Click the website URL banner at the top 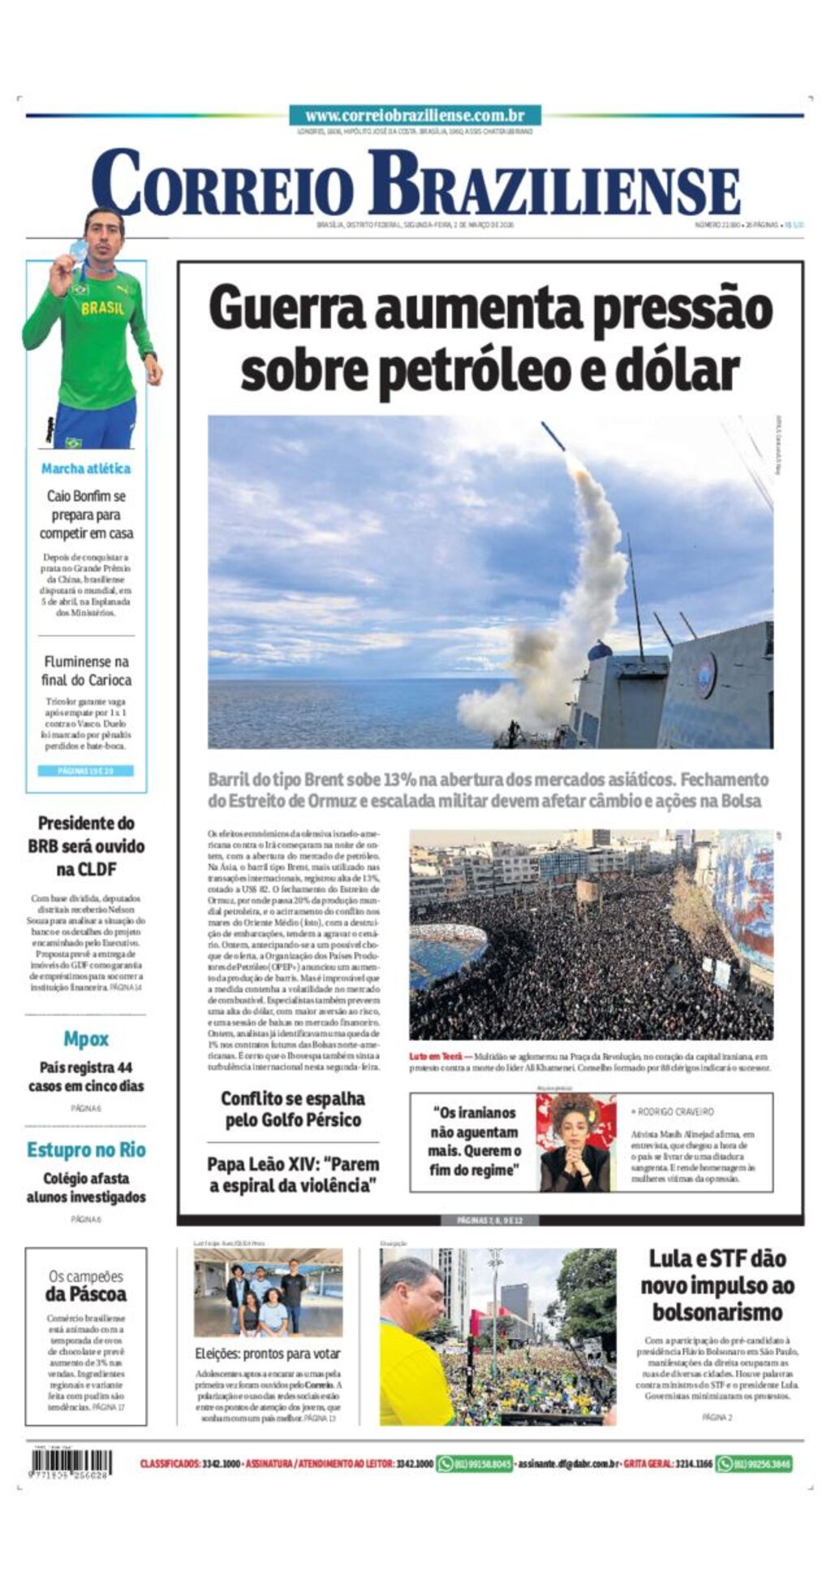[415, 115]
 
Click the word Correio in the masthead [223, 185]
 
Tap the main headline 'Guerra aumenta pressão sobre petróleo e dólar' [490, 339]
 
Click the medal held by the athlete [78, 249]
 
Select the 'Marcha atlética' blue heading [86, 468]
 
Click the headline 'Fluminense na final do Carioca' [86, 670]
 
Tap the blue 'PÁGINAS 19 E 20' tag [86, 770]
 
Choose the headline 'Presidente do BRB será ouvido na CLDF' [86, 846]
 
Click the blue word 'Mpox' [86, 1039]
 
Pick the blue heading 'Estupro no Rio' [86, 1149]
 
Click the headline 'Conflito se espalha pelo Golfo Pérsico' [293, 1109]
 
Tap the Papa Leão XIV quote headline [293, 1174]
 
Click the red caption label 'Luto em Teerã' [435, 1056]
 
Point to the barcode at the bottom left [71, 1463]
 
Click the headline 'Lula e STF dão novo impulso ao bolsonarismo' [717, 1285]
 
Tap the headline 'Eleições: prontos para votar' [268, 1353]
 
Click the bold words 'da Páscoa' [86, 1294]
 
